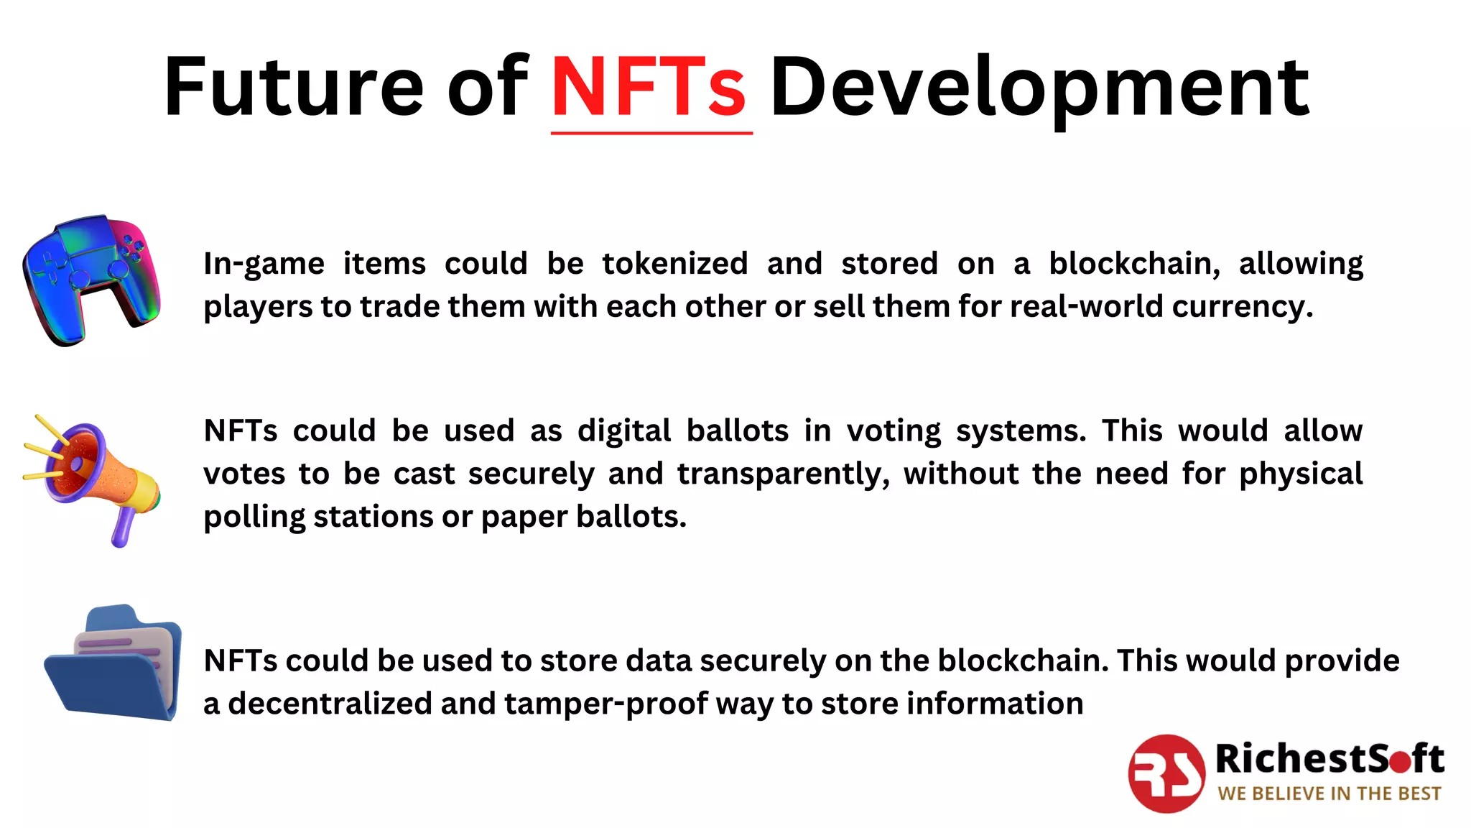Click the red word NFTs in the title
[649, 88]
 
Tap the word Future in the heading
[294, 88]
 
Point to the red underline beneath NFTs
[651, 133]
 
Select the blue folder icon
[113, 663]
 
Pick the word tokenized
[675, 264]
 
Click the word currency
[1242, 308]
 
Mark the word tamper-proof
[605, 704]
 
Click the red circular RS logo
[1166, 773]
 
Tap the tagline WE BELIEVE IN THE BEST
[1329, 793]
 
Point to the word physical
[1301, 474]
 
